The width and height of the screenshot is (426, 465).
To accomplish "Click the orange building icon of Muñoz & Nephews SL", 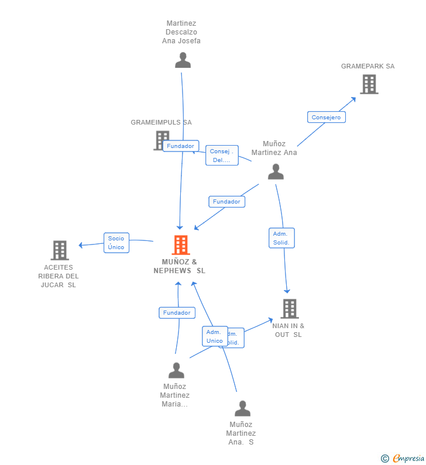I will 181,245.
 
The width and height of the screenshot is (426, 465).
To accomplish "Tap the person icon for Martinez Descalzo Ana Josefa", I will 183,60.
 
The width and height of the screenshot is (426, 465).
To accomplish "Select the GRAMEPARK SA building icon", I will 369,84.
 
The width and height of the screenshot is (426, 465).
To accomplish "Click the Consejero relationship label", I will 326,117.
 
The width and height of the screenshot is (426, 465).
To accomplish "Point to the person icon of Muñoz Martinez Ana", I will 276,171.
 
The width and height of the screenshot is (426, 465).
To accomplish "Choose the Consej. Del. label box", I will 222,156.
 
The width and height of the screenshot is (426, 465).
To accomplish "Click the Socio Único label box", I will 116,243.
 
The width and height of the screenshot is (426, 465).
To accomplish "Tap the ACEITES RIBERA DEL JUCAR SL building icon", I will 60,250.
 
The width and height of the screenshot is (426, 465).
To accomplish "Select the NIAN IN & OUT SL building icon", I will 289,308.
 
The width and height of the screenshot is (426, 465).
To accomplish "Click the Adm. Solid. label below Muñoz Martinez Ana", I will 281,238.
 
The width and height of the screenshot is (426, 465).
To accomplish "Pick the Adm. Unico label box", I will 214,336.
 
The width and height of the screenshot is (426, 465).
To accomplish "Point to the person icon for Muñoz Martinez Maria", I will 176,370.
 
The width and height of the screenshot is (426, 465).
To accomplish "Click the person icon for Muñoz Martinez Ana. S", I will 242,408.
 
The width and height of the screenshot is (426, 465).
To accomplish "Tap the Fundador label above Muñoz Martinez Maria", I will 177,313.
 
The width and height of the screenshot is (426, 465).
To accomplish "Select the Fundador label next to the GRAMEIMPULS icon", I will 181,146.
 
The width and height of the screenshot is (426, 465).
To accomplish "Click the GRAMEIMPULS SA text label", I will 161,122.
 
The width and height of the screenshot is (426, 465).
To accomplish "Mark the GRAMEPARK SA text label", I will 367,66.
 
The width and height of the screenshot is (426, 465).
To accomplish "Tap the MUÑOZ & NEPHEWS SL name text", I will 179,266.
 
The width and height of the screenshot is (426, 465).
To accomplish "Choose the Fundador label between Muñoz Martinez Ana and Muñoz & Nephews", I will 226,202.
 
